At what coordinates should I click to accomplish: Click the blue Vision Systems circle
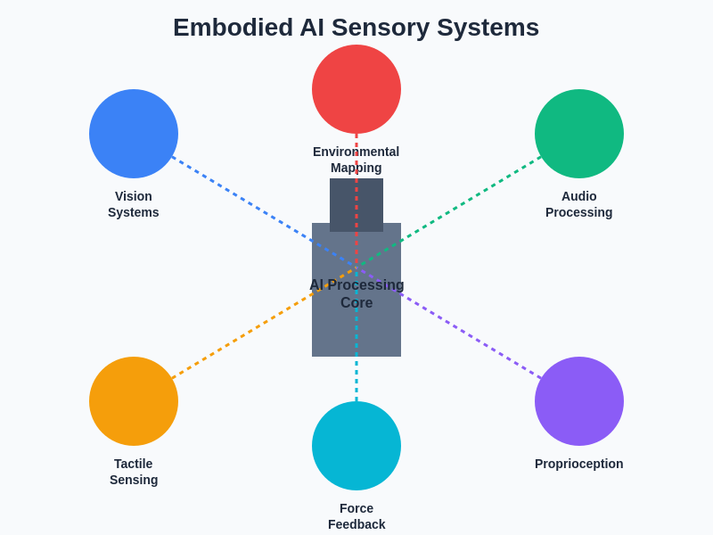pos(134,134)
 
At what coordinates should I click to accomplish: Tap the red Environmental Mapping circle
pos(356,89)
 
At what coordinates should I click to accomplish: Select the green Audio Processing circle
pos(579,134)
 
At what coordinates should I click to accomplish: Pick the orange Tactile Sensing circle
pos(134,401)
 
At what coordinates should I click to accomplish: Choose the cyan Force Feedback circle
pos(356,446)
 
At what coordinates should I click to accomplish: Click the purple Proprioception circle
pos(579,401)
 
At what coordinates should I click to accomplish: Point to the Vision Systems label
pos(134,204)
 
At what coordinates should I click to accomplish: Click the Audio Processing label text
pos(579,204)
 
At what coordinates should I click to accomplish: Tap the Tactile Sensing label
pos(134,472)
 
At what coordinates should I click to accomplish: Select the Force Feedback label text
pos(356,516)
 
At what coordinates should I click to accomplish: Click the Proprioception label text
pos(579,464)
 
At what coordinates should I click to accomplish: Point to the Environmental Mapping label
pos(356,160)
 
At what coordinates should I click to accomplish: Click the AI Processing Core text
pos(356,293)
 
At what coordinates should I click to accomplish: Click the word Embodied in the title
pos(233,28)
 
